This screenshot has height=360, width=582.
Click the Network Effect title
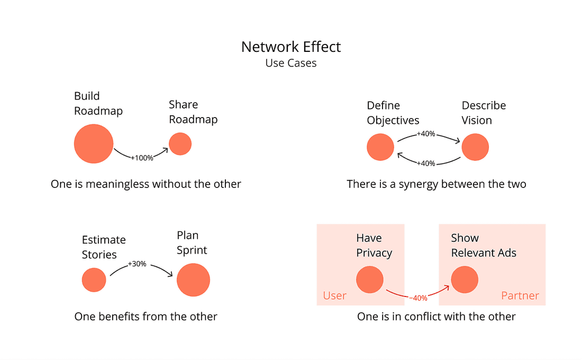point(291,47)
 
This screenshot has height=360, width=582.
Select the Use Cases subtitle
point(291,63)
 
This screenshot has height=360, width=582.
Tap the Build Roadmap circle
point(94,144)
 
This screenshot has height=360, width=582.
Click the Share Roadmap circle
point(180,144)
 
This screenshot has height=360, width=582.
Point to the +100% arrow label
point(142,158)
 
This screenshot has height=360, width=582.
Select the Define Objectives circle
point(380,147)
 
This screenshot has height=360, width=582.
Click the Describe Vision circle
point(475,147)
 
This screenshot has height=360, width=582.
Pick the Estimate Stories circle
point(94,280)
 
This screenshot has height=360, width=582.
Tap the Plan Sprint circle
point(193,280)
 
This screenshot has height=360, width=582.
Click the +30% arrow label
point(137,264)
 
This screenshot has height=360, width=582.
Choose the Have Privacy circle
point(369,280)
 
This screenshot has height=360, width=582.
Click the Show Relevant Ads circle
point(465,280)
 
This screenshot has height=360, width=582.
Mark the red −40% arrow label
point(418,298)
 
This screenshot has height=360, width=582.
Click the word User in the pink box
point(334,295)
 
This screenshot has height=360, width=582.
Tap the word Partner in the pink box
point(520,295)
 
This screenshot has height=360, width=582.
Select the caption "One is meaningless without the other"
point(146,184)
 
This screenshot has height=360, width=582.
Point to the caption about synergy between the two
point(436,184)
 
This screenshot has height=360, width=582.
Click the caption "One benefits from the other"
point(146,317)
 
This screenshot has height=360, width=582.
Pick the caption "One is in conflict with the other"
point(436,317)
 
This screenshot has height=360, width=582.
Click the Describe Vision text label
point(484,113)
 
